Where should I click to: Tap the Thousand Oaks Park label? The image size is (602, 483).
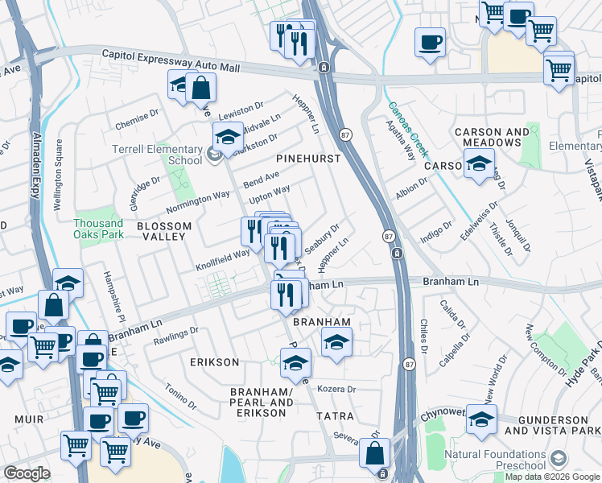click(x=98, y=229)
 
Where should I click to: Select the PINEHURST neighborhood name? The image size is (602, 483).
click(x=308, y=159)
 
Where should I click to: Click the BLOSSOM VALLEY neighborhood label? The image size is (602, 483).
click(x=164, y=231)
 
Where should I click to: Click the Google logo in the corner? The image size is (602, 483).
click(x=27, y=473)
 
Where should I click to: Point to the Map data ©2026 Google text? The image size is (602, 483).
click(x=552, y=477)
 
